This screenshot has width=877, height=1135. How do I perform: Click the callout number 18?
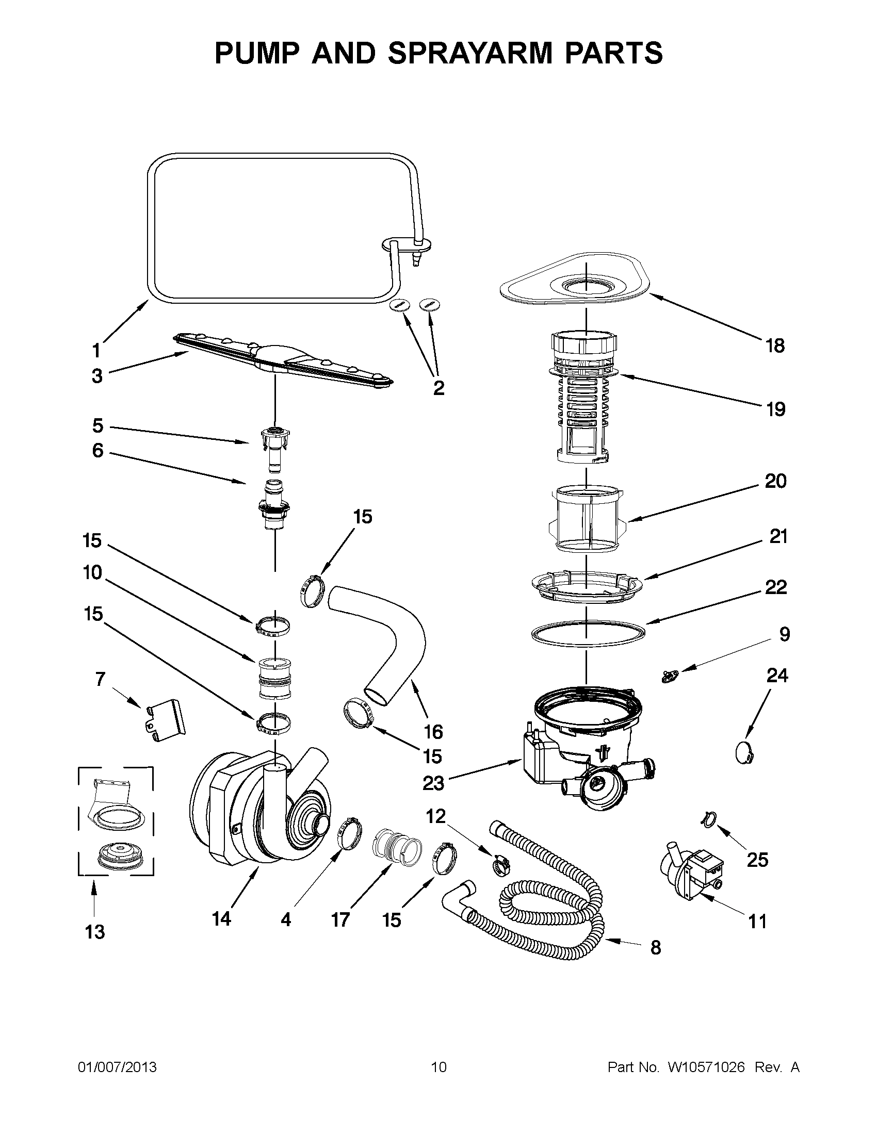[774, 346]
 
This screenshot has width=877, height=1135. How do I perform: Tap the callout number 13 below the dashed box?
[94, 932]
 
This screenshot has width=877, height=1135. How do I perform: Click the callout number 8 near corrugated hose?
[656, 948]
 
